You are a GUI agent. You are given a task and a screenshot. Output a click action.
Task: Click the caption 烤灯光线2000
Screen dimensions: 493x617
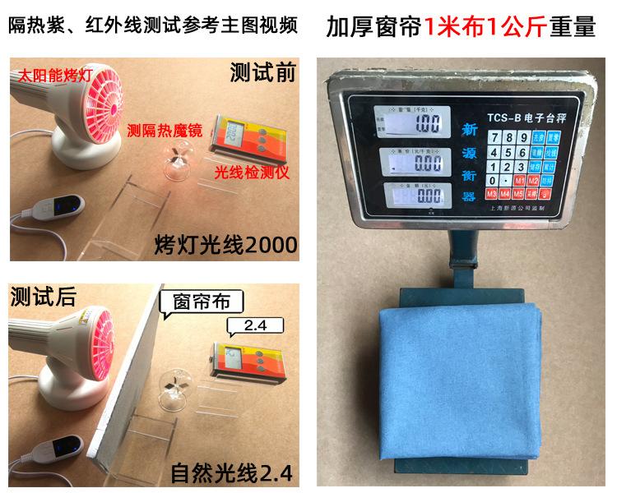[225, 244]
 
